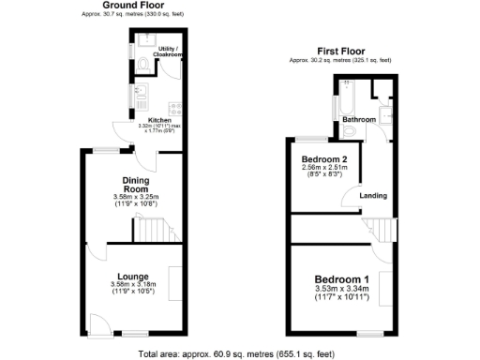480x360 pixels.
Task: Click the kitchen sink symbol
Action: pos(140,92)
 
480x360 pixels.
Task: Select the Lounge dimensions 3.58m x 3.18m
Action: pos(133,285)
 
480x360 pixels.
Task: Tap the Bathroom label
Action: pos(358,120)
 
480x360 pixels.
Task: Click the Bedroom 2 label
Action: pos(324,160)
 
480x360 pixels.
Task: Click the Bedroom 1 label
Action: pos(341,279)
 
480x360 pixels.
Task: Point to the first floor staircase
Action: pos(379,227)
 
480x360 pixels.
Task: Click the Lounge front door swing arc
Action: pos(97,327)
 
